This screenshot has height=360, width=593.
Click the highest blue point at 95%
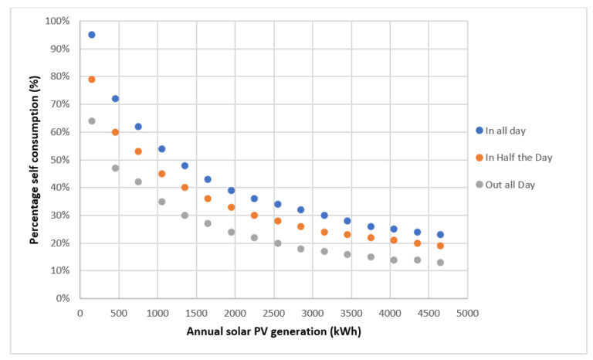[92, 35]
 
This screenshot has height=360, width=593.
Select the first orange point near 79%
[92, 80]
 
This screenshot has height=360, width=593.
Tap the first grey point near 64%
[92, 121]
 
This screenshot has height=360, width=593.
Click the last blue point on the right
[440, 235]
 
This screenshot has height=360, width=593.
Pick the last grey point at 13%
[440, 263]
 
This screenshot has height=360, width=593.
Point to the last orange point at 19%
[440, 246]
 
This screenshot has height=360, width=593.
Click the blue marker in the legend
[479, 130]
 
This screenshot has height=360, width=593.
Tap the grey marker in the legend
[479, 185]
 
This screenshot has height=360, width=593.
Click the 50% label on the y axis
[60, 160]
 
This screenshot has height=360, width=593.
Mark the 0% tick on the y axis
[63, 298]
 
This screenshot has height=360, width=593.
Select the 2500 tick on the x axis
[273, 313]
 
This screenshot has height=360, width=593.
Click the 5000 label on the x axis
[467, 313]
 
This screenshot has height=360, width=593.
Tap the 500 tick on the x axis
[118, 313]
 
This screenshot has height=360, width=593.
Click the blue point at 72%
[115, 99]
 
